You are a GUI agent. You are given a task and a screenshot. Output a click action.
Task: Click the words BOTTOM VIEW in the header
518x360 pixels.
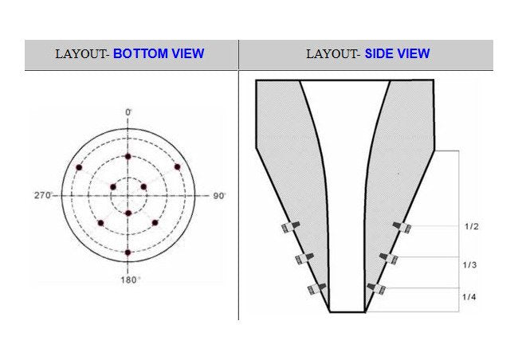(159, 53)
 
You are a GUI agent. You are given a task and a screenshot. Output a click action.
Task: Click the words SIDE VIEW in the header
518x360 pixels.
(397, 53)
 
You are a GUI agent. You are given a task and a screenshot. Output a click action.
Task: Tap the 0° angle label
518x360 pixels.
(128, 112)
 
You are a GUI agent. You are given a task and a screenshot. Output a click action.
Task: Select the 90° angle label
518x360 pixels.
(219, 196)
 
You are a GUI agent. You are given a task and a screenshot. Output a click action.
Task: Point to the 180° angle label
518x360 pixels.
(130, 280)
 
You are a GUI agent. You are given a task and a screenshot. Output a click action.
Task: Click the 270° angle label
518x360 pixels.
(43, 195)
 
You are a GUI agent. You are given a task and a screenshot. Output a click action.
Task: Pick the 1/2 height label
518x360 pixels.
(472, 226)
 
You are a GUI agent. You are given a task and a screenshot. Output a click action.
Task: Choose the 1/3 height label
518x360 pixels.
(469, 265)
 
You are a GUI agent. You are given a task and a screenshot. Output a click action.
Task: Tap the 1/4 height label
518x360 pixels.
(469, 297)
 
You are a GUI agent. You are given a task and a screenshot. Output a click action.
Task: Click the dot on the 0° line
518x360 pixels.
(128, 157)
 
